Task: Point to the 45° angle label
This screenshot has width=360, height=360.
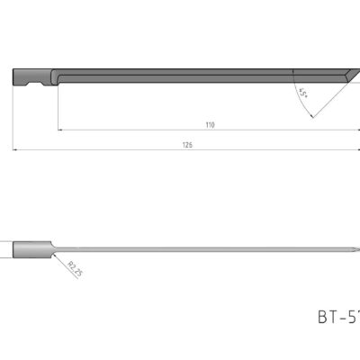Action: coord(301,92)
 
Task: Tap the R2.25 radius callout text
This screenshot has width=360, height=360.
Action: coord(75,268)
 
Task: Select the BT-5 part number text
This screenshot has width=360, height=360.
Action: coord(337,317)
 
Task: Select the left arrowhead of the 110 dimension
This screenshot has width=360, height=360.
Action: coord(61,131)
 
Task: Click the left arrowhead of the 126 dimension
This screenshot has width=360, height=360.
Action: coord(15,148)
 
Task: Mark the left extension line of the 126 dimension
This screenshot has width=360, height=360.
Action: coord(13,117)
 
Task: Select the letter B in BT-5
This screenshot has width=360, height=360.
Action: coord(323,317)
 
